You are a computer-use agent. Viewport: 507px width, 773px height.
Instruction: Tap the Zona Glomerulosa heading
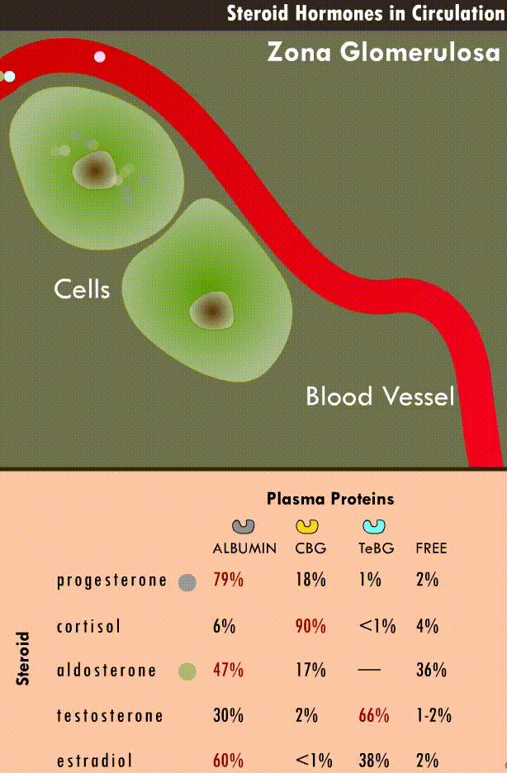[383, 53]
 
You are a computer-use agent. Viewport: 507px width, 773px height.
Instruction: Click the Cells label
[82, 289]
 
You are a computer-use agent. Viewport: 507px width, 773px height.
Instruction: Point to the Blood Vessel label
[380, 396]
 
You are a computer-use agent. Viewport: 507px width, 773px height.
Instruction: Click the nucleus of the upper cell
[93, 170]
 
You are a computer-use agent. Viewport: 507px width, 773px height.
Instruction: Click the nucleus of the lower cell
[211, 311]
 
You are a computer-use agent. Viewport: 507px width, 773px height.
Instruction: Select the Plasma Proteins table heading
[330, 499]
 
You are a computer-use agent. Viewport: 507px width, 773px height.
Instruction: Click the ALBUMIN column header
[244, 548]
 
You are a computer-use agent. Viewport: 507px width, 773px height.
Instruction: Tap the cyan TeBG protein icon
[375, 526]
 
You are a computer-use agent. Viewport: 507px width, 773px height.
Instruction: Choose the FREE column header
[431, 548]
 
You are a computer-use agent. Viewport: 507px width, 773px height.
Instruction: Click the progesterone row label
[112, 581]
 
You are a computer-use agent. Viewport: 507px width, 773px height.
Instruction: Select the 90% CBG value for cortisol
[310, 626]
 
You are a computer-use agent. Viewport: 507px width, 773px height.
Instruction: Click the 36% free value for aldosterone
[431, 670]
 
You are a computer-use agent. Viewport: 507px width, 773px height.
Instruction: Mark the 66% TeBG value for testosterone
[374, 715]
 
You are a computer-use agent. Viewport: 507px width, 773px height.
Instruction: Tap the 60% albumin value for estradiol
[228, 761]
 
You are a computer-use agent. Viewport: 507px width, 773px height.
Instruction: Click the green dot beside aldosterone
[187, 671]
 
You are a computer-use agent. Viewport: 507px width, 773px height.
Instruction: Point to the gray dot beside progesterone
[187, 582]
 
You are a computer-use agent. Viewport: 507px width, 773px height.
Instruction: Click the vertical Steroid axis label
[23, 658]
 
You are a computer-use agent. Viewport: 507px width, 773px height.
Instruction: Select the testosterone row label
[109, 716]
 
